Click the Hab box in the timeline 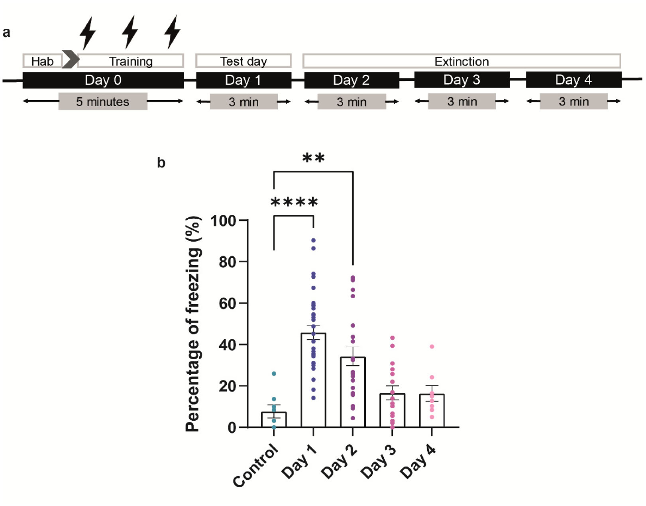pos(42,61)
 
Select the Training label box pos(131,61)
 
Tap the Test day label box pos(243,61)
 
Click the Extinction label pos(461,61)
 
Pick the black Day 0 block pos(103,80)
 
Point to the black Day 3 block pos(461,80)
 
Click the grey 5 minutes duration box pos(103,102)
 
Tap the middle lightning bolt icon pos(130,32)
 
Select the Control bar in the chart pos(274,419)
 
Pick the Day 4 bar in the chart pos(432,411)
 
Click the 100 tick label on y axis pos(223,221)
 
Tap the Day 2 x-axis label pos(340,462)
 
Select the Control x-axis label pos(256,465)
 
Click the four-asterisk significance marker pos(294,202)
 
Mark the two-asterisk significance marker pos(313,158)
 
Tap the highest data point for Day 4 pos(432,347)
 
